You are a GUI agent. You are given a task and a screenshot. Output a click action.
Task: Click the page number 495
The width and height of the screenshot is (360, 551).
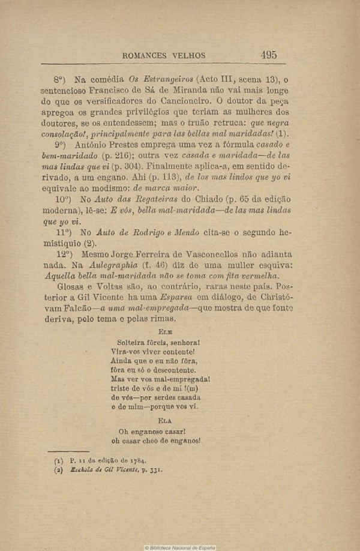[x=269, y=55]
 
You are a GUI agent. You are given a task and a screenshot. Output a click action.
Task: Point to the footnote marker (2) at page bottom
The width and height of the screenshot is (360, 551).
[x=58, y=470]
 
